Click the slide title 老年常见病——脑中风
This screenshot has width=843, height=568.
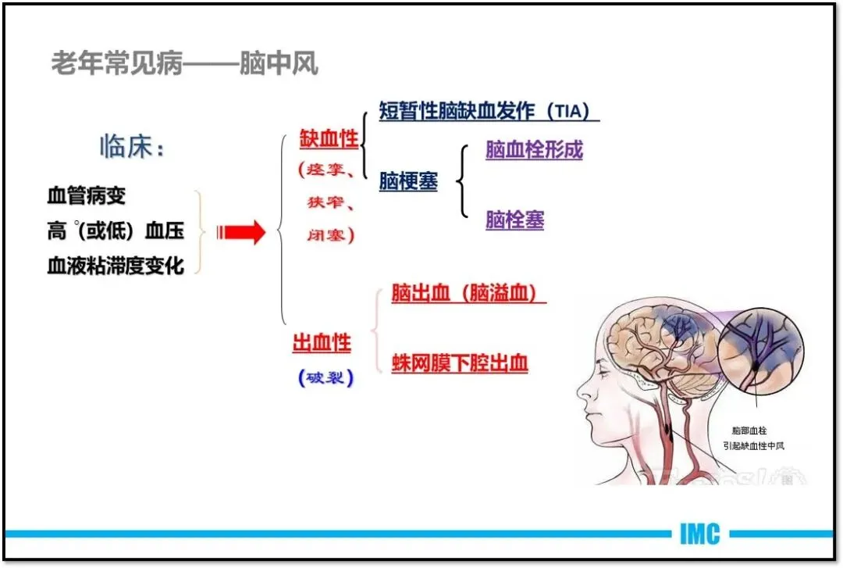coord(185,63)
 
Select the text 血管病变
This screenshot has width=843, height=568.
coord(86,195)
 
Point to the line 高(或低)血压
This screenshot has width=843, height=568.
coord(116,230)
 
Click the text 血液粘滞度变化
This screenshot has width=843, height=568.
coord(116,266)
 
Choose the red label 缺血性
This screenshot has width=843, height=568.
coord(329,139)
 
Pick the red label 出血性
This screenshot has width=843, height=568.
coord(322,341)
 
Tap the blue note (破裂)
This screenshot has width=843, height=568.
coord(325,378)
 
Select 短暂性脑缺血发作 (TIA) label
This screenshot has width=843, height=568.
coord(489,111)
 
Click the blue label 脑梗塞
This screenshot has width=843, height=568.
coord(408,182)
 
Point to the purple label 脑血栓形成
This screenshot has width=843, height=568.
coord(534,150)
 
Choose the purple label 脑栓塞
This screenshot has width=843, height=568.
coord(514,220)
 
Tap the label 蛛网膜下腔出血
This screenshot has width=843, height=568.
coord(460,363)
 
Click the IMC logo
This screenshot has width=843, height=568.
coord(699,534)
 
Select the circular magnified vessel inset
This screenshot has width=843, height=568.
coord(759,346)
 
